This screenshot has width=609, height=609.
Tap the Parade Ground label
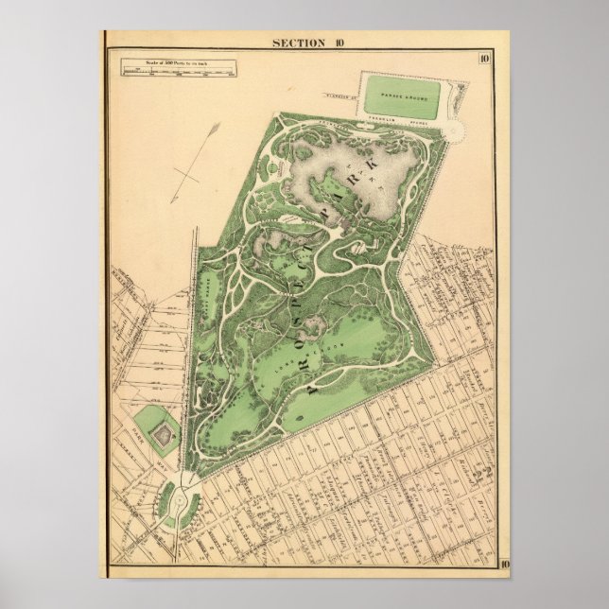click(x=407, y=96)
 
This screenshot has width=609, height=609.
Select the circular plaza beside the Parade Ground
click(x=457, y=130)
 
